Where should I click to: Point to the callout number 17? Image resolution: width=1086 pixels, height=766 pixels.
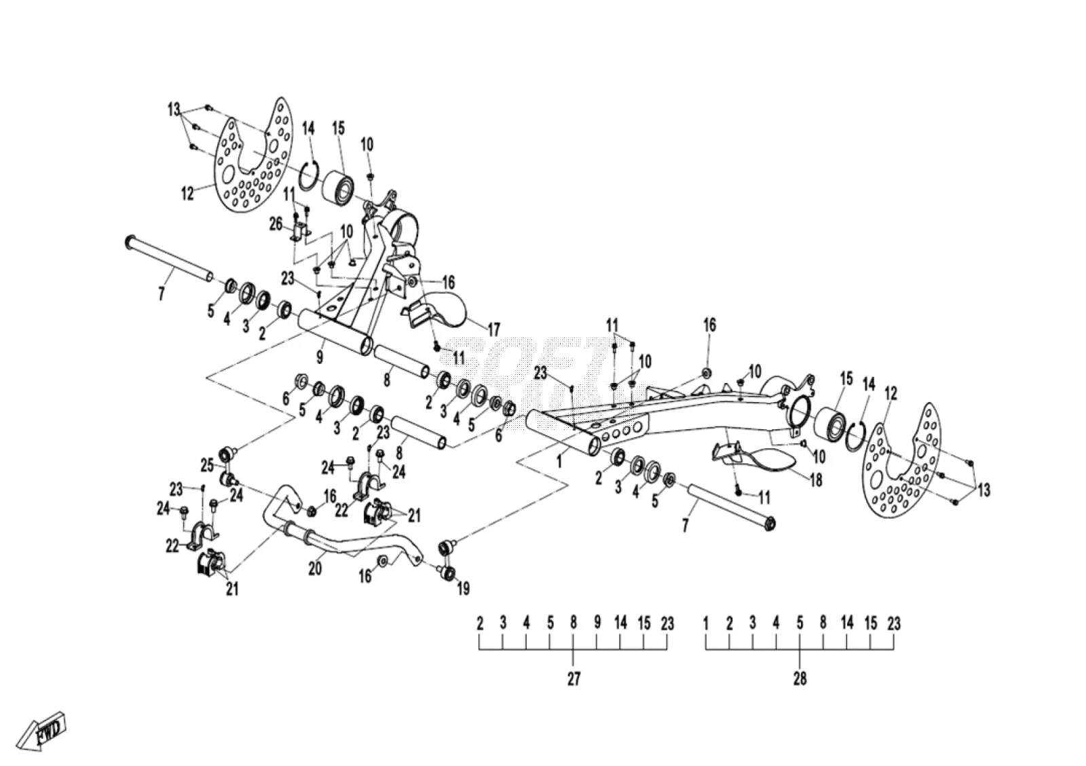pos(493,330)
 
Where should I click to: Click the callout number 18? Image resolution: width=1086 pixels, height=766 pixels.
pos(816,480)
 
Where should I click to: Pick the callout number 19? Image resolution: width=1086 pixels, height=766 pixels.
pos(463,589)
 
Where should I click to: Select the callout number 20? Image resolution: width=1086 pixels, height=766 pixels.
pos(315,568)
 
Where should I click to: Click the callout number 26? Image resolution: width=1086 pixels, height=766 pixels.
pos(276,224)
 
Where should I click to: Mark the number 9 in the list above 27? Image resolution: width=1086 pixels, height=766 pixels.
pos(597,623)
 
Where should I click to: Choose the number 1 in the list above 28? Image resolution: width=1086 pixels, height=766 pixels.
pos(706,623)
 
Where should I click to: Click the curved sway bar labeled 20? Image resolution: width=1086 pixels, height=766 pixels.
pos(339,538)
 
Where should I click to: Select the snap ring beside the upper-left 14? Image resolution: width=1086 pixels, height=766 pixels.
pos(310,177)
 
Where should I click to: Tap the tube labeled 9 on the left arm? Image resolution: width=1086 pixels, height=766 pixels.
pos(335,332)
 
